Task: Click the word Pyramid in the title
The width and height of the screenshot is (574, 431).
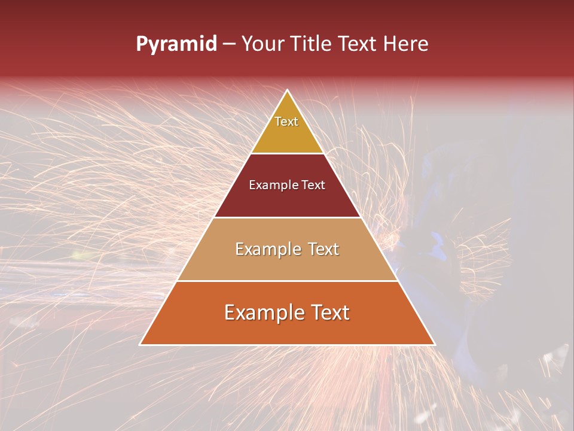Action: pyautogui.click(x=176, y=44)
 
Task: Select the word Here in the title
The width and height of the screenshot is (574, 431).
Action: pyautogui.click(x=405, y=44)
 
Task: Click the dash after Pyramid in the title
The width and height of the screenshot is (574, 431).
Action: pyautogui.click(x=228, y=44)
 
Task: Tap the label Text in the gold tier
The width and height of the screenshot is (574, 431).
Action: pyautogui.click(x=286, y=122)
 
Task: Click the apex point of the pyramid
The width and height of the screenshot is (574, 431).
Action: pyautogui.click(x=288, y=90)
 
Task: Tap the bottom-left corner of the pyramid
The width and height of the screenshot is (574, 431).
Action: pyautogui.click(x=140, y=344)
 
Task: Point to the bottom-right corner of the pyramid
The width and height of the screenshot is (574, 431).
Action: pyautogui.click(x=435, y=344)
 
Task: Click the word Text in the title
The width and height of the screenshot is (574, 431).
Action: pyautogui.click(x=357, y=44)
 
